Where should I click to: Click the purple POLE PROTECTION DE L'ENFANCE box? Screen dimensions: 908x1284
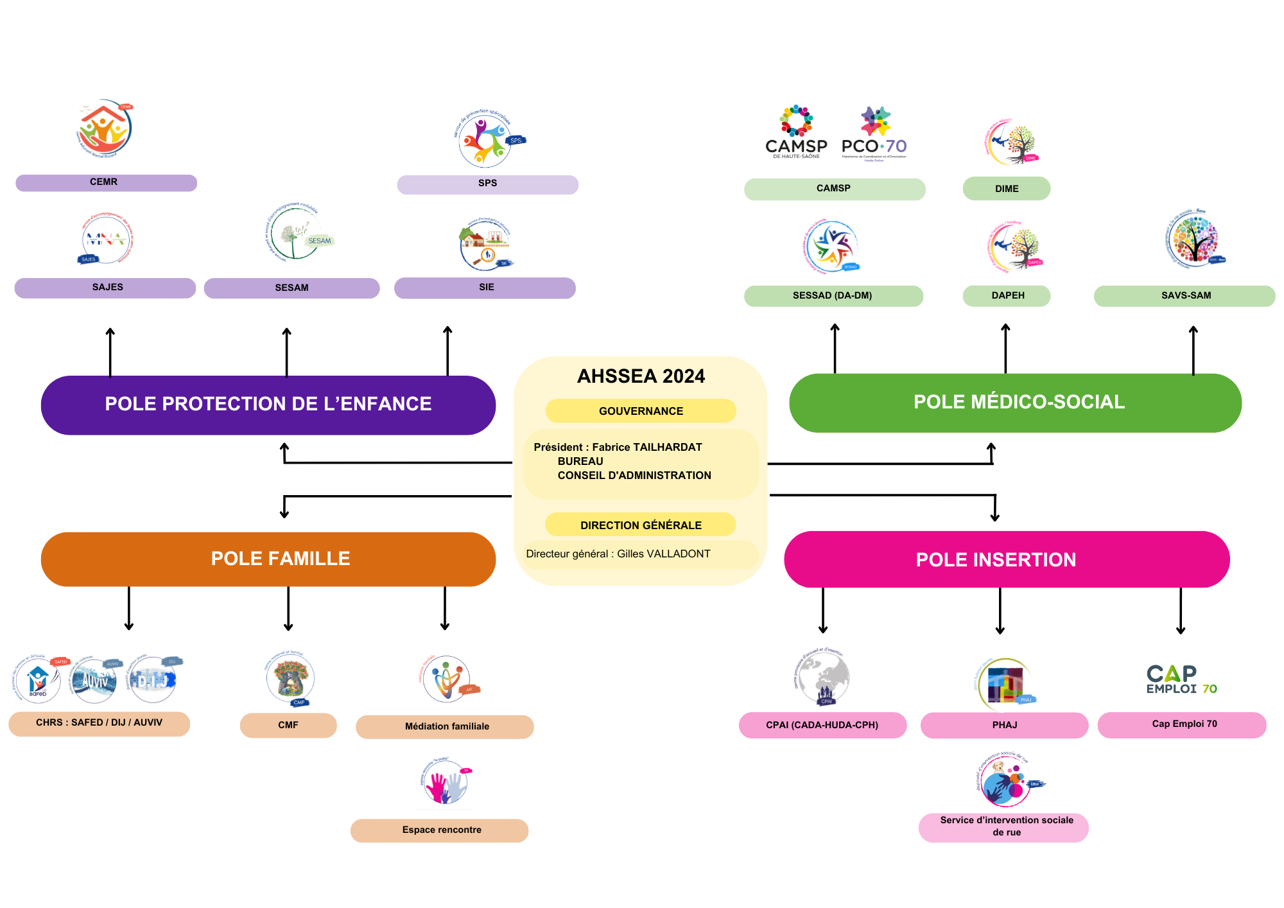pos(268,405)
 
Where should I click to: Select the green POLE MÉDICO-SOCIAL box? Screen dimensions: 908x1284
pos(1015,403)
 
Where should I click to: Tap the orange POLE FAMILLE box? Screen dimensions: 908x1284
pos(268,559)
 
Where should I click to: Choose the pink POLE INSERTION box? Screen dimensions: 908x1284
pos(1006,559)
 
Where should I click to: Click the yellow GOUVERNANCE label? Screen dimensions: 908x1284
pos(641,411)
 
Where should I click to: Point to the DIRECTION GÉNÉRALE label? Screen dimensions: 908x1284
pos(641,525)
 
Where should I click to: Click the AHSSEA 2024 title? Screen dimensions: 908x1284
pos(641,376)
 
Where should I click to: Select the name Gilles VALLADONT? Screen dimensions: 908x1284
pos(664,554)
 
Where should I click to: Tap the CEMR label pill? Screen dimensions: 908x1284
pos(106,182)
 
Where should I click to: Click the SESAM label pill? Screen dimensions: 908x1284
pos(291,288)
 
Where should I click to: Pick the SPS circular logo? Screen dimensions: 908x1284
pos(486,139)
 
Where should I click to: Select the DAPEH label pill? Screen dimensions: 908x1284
pos(1007,295)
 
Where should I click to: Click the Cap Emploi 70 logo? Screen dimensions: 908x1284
pos(1181,679)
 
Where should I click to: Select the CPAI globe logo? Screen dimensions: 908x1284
pos(823,678)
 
